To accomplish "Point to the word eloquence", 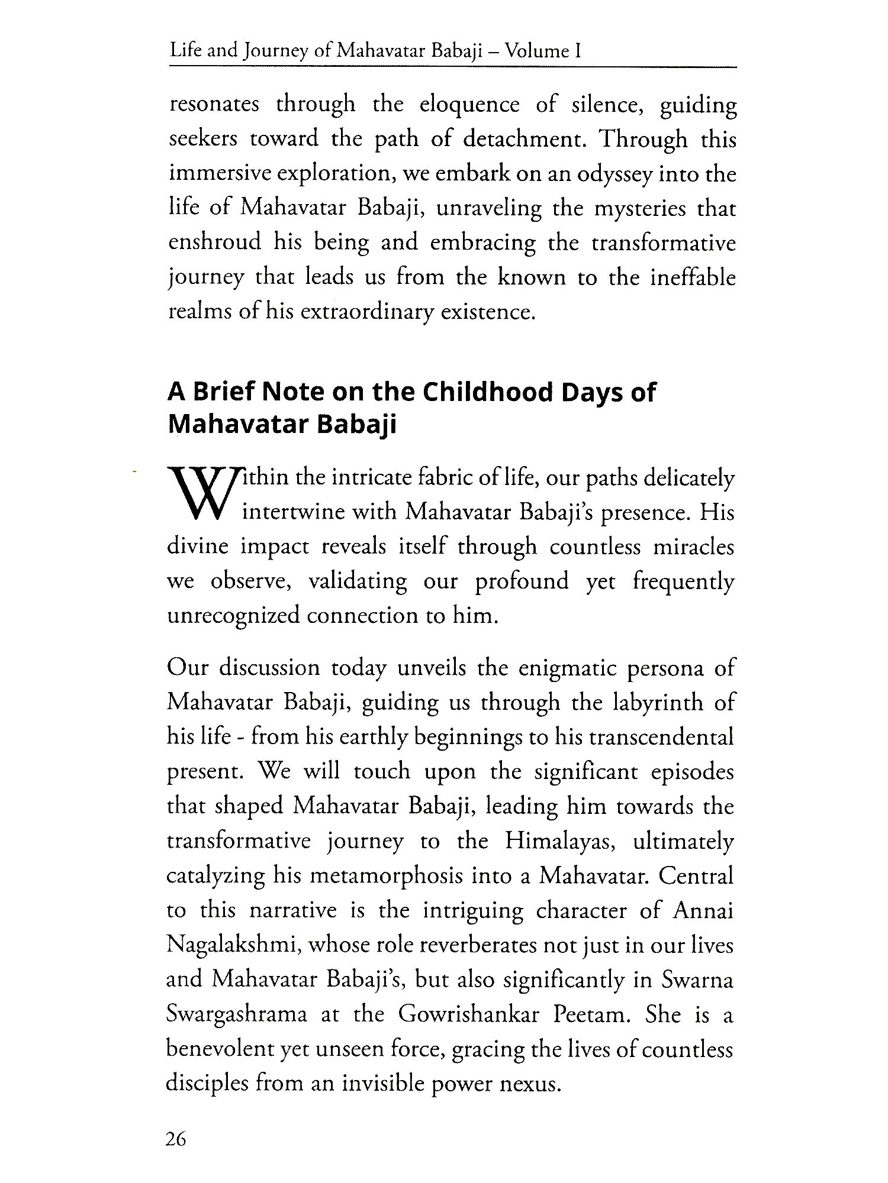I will click(x=469, y=105).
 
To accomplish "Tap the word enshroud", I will click(x=215, y=243).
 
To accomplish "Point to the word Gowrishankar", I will click(x=469, y=1015).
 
